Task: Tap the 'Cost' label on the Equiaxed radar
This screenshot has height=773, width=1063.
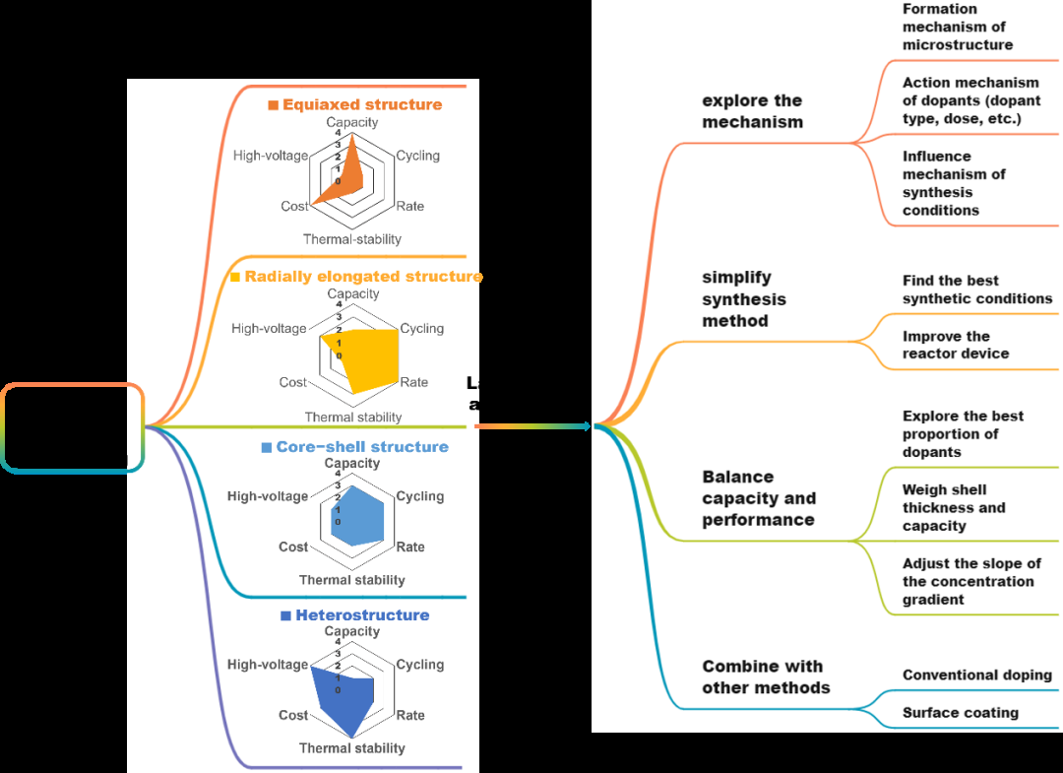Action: coord(294,206)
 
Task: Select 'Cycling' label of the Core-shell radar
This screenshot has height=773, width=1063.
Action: coord(420,496)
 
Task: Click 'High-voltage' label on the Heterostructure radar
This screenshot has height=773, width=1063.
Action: coord(268,665)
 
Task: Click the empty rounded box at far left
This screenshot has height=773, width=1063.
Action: coord(73,428)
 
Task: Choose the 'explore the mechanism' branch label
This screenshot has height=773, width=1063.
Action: coord(753,111)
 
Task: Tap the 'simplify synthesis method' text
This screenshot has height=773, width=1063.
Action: coord(744,299)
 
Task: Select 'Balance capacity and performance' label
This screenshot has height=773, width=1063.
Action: coord(759,498)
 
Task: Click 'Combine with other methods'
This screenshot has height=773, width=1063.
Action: coord(765,677)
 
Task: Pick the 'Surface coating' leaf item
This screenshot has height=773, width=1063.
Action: coord(960,713)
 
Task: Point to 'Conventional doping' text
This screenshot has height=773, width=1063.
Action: coord(976,676)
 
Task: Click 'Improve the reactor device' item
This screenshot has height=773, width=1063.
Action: coord(956,345)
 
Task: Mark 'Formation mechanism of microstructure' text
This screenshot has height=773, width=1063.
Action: coord(957,27)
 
